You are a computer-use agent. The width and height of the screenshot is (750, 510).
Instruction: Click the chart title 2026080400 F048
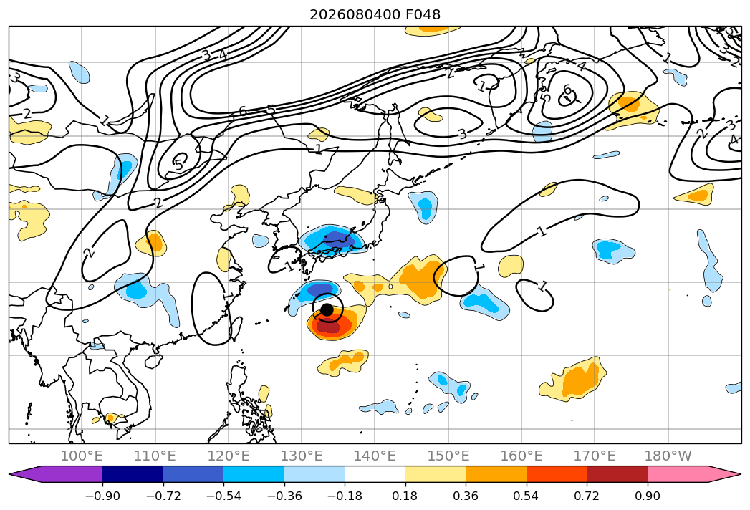375,14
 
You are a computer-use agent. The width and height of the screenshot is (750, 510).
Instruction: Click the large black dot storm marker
327,309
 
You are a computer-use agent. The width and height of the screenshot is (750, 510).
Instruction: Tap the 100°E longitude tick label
82,456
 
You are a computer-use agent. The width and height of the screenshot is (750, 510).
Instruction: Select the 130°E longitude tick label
302,456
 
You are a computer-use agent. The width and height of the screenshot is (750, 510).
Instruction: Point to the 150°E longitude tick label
448,456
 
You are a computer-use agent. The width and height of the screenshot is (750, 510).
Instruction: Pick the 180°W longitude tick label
668,456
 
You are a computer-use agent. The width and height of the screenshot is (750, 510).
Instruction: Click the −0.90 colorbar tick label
102,496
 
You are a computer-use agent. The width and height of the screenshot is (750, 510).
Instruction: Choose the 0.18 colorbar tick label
405,496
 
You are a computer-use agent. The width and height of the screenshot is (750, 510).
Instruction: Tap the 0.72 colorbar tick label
587,496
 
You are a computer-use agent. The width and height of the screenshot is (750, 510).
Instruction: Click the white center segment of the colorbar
375,474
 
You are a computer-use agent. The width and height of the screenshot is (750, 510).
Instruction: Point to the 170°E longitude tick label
595,456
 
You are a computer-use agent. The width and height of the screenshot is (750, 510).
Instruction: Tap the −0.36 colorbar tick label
284,496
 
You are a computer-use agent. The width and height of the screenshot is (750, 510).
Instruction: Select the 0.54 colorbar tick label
527,496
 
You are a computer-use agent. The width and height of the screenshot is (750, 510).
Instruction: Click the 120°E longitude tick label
229,456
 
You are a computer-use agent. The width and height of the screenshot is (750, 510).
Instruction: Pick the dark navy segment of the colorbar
133,474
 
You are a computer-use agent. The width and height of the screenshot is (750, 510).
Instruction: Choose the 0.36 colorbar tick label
466,496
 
